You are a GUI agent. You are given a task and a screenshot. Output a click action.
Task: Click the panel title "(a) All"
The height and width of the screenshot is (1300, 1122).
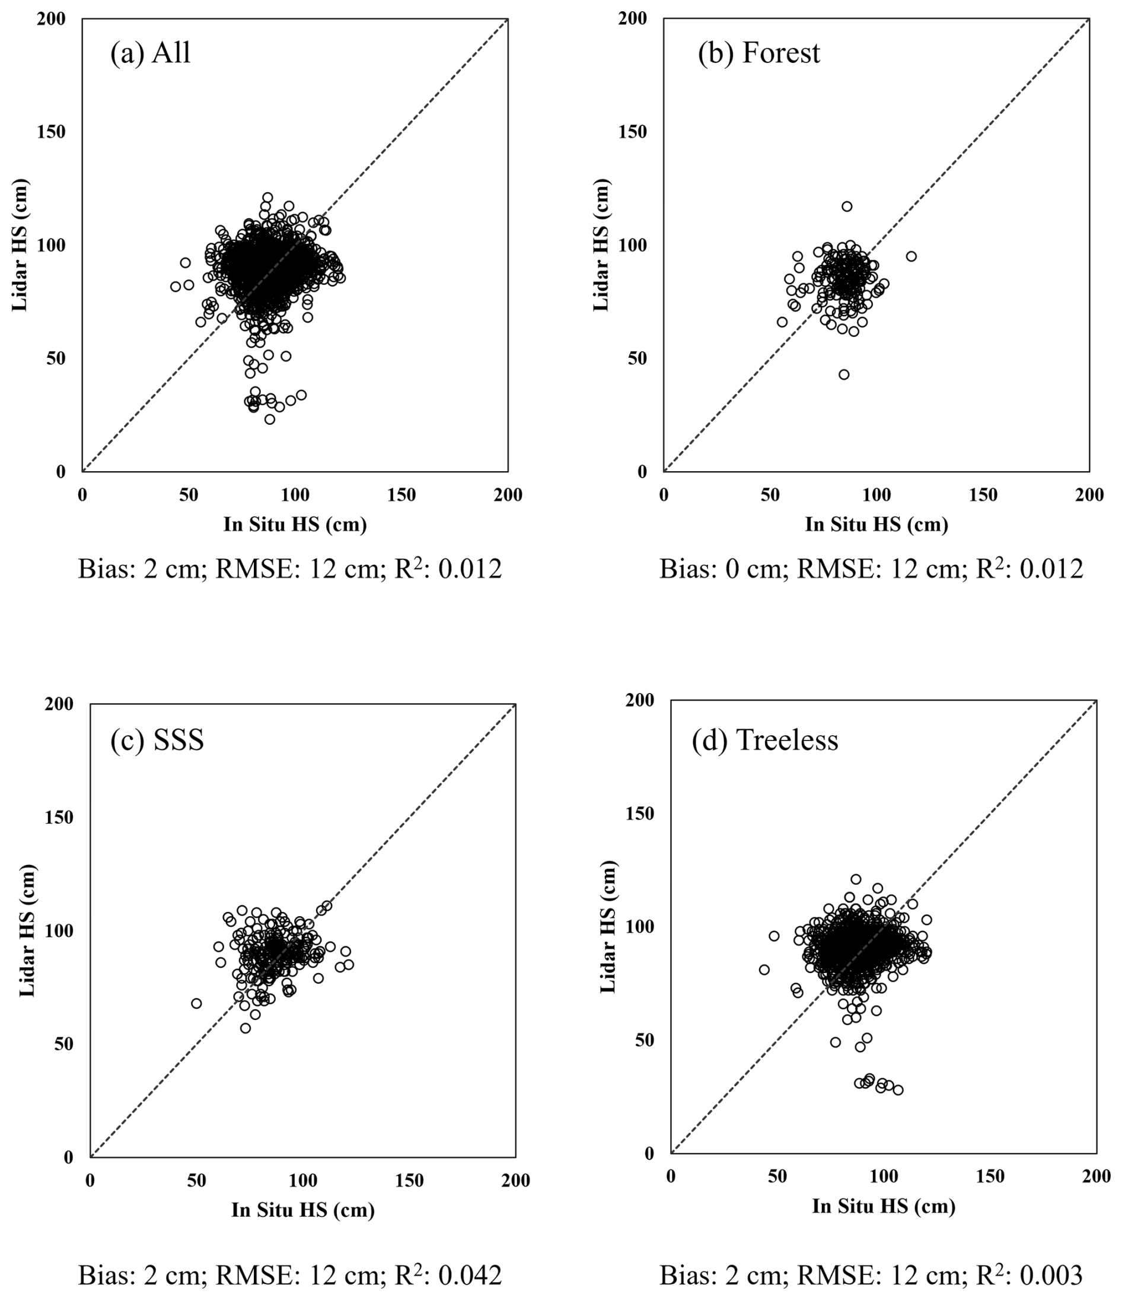click(150, 53)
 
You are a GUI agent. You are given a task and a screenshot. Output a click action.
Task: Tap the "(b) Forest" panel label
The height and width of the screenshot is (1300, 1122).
click(758, 53)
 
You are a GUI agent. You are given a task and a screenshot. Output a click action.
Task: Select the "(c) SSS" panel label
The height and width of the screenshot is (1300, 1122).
click(157, 740)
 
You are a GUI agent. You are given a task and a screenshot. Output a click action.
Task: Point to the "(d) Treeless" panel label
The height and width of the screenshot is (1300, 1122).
click(764, 740)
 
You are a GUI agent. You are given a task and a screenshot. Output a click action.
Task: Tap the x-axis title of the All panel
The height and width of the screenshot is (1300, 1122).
click(295, 525)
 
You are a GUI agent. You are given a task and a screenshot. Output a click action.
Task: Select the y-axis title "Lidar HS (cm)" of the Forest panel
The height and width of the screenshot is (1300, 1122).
click(601, 244)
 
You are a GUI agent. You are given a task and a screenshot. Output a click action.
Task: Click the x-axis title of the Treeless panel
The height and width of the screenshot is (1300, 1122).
click(884, 1206)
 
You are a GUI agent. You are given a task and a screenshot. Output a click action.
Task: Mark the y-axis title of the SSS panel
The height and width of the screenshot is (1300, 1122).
click(28, 930)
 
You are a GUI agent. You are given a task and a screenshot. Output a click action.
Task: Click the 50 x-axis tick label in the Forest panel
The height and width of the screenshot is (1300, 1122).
click(770, 495)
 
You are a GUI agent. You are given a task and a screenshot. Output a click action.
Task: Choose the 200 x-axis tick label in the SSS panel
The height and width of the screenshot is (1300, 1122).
click(515, 1181)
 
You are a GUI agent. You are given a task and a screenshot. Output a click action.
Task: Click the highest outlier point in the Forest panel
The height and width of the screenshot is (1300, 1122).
click(847, 206)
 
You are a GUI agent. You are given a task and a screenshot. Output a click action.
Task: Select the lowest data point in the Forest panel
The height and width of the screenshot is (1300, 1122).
click(844, 374)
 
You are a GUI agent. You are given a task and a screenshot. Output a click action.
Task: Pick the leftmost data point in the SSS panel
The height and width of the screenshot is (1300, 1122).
click(196, 1003)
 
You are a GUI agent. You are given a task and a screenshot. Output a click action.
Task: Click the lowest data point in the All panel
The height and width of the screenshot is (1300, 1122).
click(270, 419)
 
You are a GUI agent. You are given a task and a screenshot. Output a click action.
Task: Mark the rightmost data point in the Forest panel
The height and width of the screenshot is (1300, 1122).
click(911, 256)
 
